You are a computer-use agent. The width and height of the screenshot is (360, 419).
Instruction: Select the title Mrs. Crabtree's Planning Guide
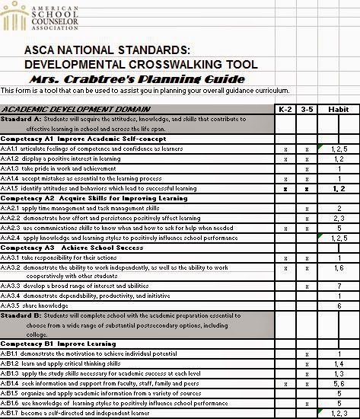coord(137,79)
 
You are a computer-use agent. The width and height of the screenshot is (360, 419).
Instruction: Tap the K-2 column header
coord(285,109)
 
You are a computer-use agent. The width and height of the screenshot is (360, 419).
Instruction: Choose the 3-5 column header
coord(307,109)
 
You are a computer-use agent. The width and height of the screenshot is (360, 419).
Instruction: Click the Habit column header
coord(338,109)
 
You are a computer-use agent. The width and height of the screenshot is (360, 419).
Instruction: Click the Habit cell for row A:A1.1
coord(339,149)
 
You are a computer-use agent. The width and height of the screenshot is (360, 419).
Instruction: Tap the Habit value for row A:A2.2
coord(339,218)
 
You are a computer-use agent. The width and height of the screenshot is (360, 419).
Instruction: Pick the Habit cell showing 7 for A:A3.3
coord(339,286)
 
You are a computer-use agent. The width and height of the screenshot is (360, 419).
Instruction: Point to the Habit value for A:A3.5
coord(339,305)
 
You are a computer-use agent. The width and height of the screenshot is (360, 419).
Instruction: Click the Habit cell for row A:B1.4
coord(339,384)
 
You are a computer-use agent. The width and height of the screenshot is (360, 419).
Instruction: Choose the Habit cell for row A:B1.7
coord(339,413)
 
